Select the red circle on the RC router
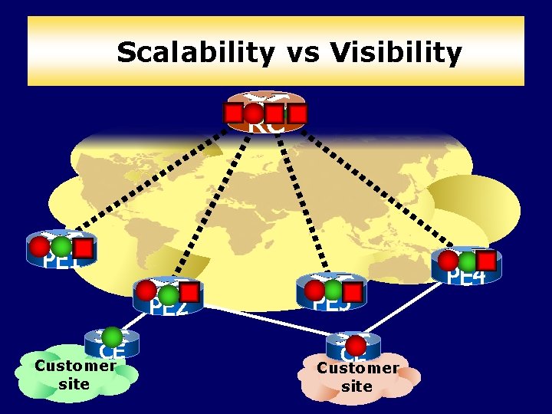(254, 113)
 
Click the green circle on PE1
(61, 247)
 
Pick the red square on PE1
(84, 248)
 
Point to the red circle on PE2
(145, 291)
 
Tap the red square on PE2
(190, 292)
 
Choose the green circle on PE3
(333, 290)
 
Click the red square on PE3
(353, 291)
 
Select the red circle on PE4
(448, 261)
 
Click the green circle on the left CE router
(113, 337)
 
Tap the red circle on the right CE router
(356, 346)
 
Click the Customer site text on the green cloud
(74, 374)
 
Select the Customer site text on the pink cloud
(357, 376)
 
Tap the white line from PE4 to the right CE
(414, 307)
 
